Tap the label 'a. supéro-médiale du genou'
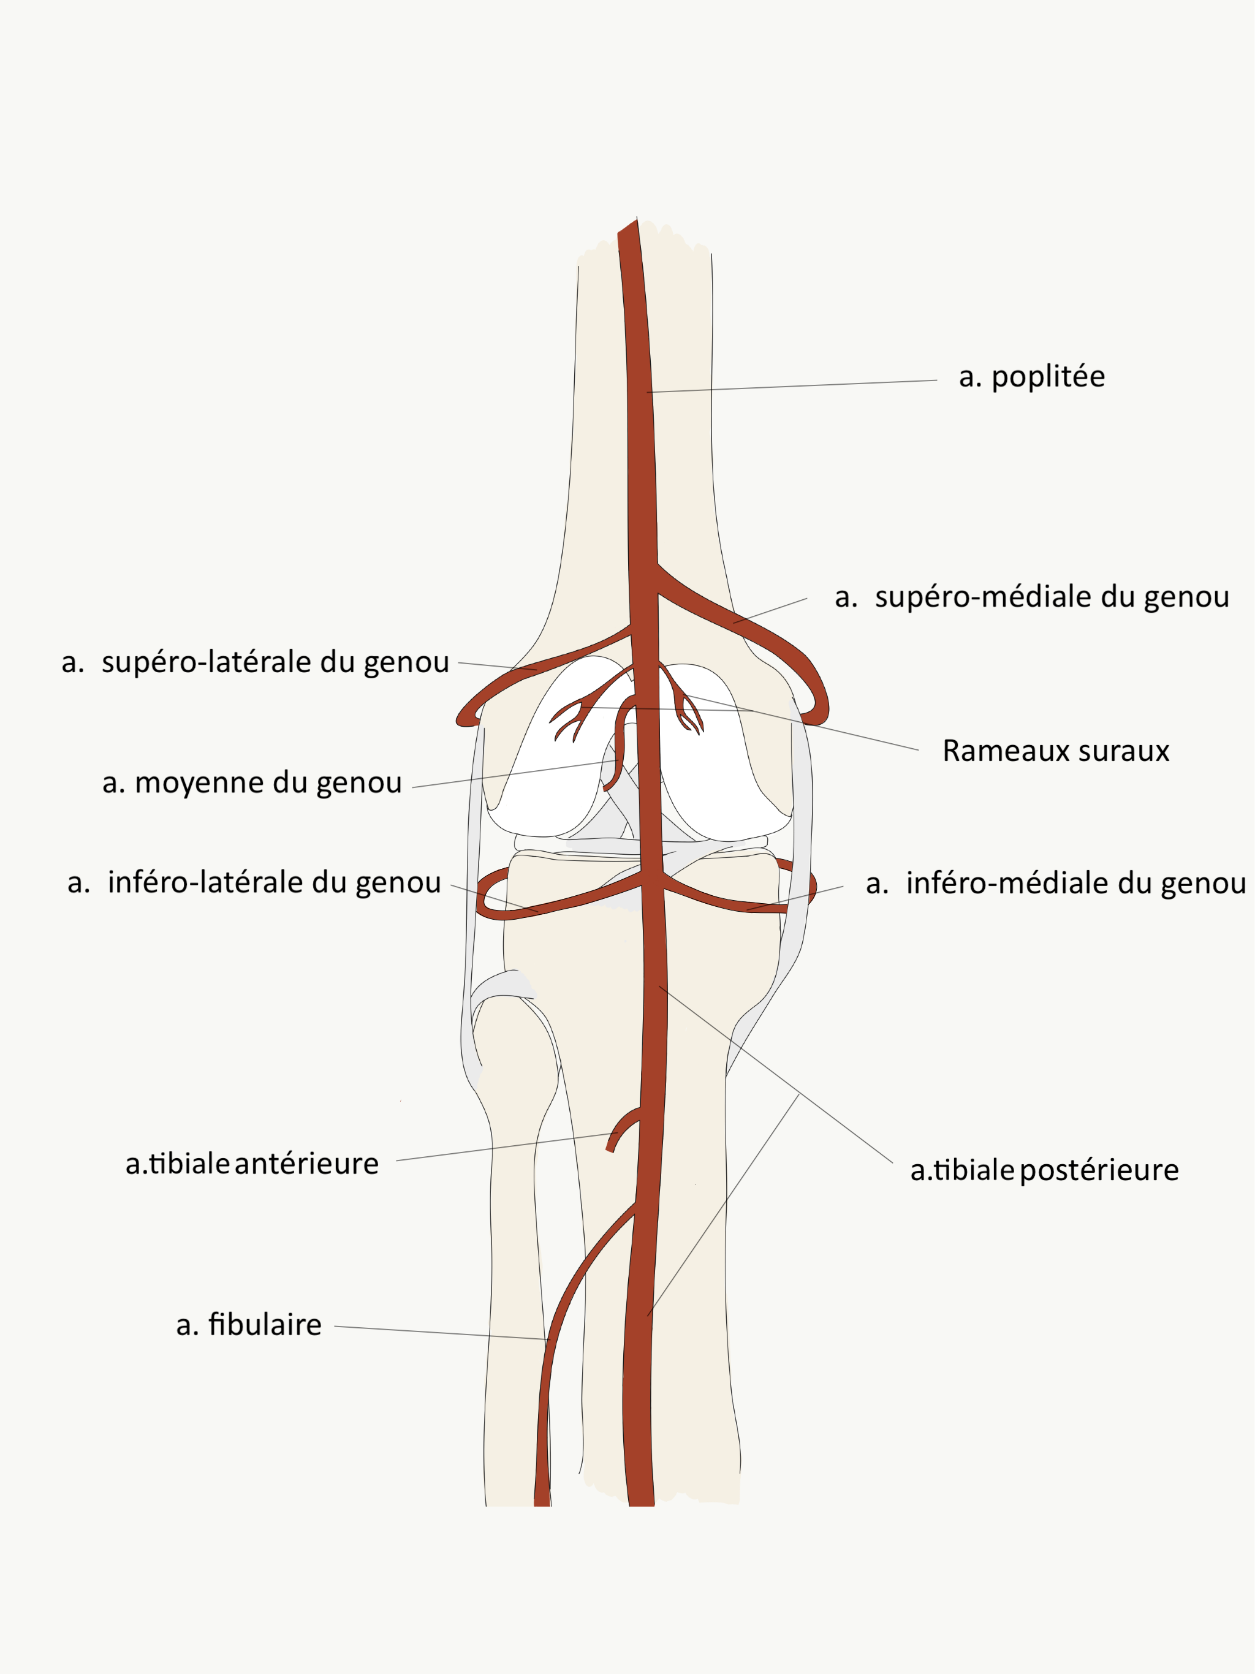pyautogui.click(x=1032, y=597)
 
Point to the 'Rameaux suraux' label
pyautogui.click(x=1055, y=751)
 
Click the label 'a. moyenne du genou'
pyautogui.click(x=252, y=782)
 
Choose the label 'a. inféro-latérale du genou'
pyautogui.click(x=254, y=882)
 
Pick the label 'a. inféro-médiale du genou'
pyautogui.click(x=1055, y=883)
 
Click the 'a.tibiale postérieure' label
pyautogui.click(x=1044, y=1170)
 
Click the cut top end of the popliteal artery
pyautogui.click(x=627, y=228)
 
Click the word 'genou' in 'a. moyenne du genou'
pyautogui.click(x=358, y=782)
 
